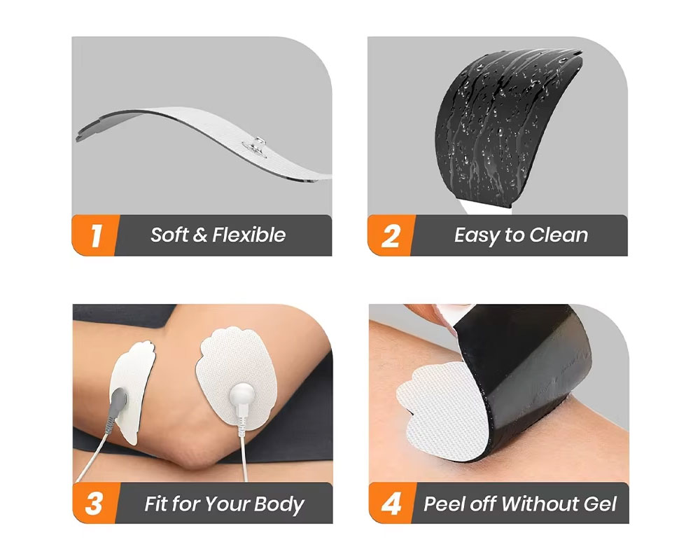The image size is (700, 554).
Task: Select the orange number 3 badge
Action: pos(94,504)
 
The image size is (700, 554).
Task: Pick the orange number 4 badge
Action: pos(390,504)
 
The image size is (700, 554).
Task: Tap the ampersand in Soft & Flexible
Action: pos(199,235)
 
